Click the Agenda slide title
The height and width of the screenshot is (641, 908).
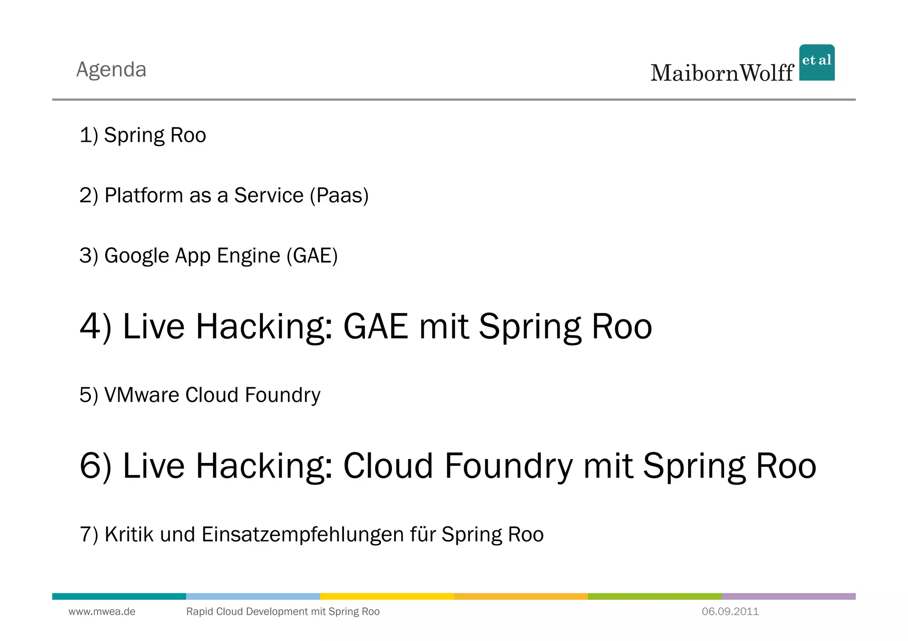111,70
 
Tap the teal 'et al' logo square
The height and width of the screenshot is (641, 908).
817,62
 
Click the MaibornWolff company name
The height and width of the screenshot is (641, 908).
722,73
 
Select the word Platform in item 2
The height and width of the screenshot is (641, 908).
144,195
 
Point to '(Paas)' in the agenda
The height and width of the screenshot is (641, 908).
339,195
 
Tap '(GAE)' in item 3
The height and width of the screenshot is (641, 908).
312,256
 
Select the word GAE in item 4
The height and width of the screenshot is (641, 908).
376,326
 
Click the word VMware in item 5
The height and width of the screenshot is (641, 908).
142,395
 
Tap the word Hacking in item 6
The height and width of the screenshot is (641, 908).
264,466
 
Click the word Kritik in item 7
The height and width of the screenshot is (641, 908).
129,534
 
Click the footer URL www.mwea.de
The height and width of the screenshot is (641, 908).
102,612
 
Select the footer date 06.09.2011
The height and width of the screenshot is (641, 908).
730,612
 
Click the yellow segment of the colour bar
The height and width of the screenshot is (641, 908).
387,596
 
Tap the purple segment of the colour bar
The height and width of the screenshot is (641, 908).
788,596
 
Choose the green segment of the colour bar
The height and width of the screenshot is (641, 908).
654,596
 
